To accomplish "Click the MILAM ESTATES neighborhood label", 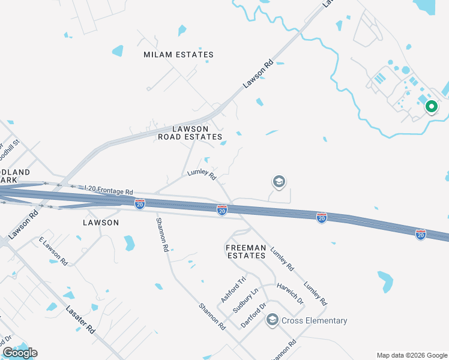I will [178, 55].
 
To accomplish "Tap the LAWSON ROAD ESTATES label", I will [190, 133].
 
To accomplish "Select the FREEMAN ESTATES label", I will [246, 251].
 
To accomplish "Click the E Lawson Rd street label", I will [53, 251].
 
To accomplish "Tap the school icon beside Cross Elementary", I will [273, 320].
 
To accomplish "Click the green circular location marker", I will [430, 107].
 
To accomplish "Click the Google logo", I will [20, 352].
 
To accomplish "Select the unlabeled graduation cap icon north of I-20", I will [279, 181].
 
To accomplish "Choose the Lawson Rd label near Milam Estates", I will [258, 73].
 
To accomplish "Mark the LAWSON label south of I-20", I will [100, 222].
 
